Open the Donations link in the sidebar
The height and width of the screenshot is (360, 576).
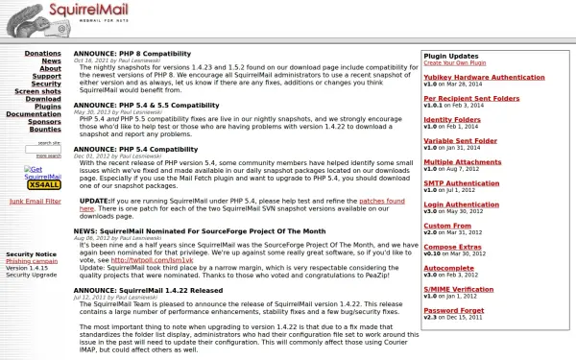[42, 54]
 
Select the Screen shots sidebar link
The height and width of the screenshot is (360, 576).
[38, 91]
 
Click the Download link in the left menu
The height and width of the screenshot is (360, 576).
[43, 99]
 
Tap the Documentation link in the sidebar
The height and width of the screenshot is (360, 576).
[34, 114]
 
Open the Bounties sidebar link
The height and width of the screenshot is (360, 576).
[45, 130]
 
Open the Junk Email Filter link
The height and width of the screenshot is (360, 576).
[36, 202]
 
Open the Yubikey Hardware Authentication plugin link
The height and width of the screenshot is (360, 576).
[484, 77]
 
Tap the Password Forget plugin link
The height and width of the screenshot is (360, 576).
[454, 309]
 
